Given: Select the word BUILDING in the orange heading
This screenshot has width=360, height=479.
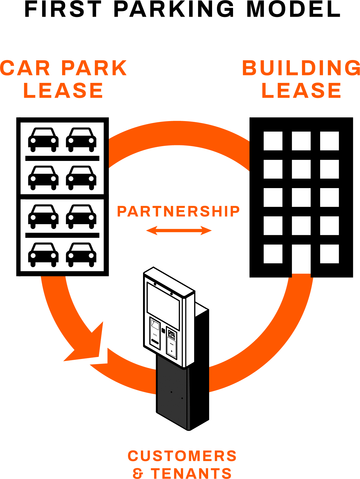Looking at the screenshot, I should tap(301, 68).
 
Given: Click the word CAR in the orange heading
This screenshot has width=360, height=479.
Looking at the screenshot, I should tap(26, 68).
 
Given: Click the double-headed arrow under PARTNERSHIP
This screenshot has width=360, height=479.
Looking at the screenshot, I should tap(179, 231).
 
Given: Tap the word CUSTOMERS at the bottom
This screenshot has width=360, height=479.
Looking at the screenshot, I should tap(182, 456).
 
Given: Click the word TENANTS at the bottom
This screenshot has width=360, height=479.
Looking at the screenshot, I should tap(191, 473).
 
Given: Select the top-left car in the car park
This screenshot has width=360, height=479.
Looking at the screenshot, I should tap(43, 139).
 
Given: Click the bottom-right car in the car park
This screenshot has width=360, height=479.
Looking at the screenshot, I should tap(81, 254).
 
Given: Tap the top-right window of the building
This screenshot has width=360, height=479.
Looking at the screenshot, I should tap(329, 141).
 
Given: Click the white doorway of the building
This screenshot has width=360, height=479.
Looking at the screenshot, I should tap(301, 260).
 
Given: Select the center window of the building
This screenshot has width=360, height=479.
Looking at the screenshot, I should tap(301, 197).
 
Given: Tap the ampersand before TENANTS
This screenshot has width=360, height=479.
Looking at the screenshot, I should tap(138, 473).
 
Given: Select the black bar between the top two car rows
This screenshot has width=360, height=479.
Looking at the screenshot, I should tap(62, 158).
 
